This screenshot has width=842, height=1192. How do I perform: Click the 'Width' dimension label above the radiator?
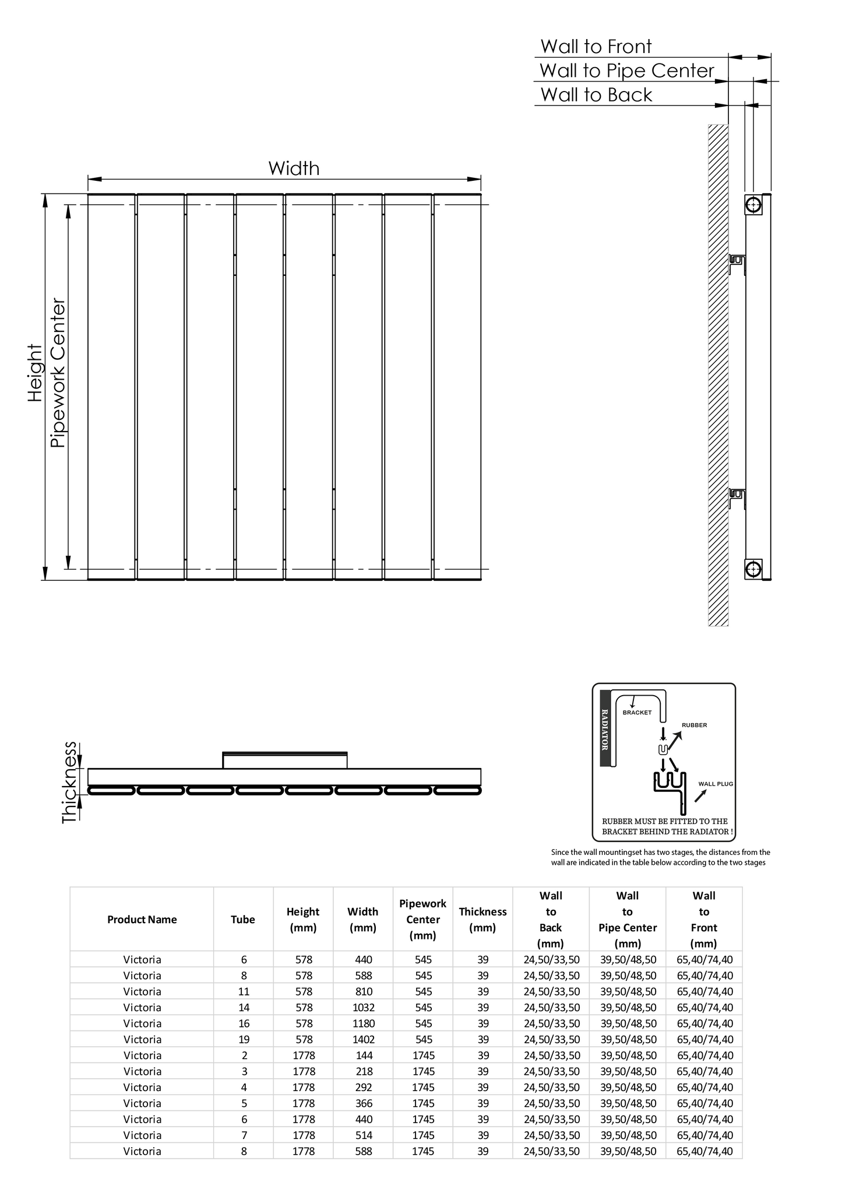(294, 169)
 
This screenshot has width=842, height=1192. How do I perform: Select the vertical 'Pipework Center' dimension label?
(58, 373)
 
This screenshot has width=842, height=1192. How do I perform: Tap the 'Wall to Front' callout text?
(596, 47)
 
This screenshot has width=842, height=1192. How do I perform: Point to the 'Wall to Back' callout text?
(596, 94)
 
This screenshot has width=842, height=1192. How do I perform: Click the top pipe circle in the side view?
(753, 205)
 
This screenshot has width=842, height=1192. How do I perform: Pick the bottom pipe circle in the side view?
(753, 568)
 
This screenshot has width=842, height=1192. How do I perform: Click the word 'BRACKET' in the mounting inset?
(637, 713)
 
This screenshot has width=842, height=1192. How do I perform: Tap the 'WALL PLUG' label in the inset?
(716, 784)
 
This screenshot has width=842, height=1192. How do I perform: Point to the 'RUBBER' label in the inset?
(694, 725)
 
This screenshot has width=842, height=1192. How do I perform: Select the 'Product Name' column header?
(142, 920)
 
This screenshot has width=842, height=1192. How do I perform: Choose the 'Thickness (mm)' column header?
(482, 920)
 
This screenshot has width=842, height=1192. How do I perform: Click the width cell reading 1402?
(362, 1039)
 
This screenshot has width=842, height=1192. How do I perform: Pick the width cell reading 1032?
(362, 1007)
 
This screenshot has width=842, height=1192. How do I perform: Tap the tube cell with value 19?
(244, 1039)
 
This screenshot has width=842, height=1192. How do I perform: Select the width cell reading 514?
(362, 1135)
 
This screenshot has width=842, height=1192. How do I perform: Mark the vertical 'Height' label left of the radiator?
(36, 373)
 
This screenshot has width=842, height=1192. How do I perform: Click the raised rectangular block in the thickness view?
(285, 760)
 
